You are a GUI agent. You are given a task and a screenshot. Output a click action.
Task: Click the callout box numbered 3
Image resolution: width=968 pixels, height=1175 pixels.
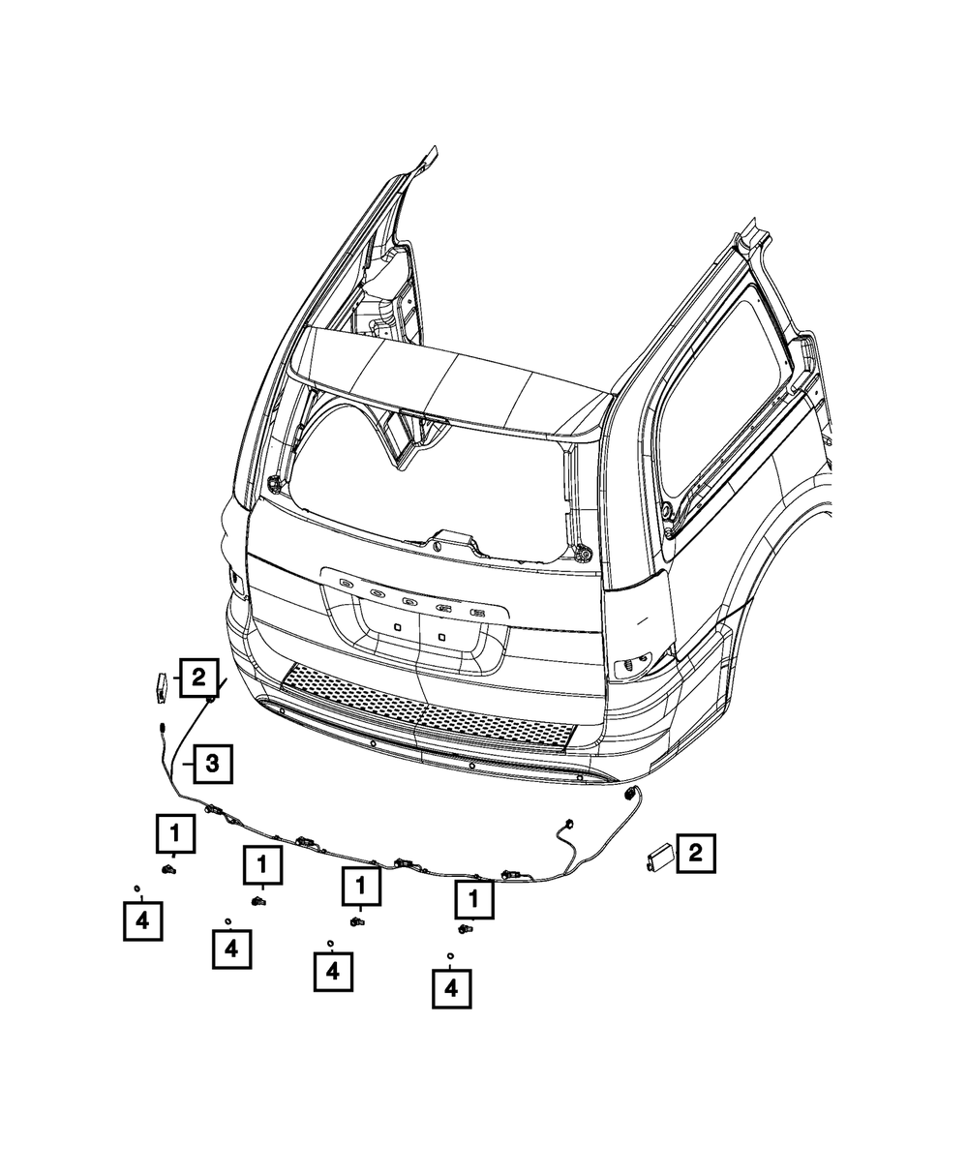(x=213, y=765)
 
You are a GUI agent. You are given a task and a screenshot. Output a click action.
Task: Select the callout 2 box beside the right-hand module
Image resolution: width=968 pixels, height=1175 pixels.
(x=696, y=853)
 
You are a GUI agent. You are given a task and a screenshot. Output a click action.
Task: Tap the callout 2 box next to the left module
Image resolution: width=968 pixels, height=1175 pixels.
(x=198, y=678)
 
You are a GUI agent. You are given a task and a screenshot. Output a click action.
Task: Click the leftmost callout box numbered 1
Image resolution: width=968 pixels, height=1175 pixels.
(x=175, y=832)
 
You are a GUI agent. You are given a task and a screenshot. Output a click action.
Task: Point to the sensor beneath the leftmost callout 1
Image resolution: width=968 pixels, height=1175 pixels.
(x=167, y=870)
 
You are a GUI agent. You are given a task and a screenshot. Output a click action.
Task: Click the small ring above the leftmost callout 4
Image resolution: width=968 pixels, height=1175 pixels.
(x=136, y=888)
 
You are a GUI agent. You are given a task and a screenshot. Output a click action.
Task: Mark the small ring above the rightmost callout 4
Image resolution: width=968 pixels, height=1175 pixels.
(x=450, y=955)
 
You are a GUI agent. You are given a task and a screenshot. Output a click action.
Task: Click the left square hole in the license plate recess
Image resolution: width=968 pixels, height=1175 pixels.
(x=397, y=626)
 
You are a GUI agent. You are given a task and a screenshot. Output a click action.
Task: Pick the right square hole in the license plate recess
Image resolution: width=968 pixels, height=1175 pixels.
(x=441, y=637)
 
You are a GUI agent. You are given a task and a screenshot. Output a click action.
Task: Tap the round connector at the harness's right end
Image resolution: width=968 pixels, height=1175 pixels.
(x=630, y=794)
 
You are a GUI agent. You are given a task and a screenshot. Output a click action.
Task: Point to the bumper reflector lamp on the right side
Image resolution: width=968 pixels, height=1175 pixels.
(x=633, y=667)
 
